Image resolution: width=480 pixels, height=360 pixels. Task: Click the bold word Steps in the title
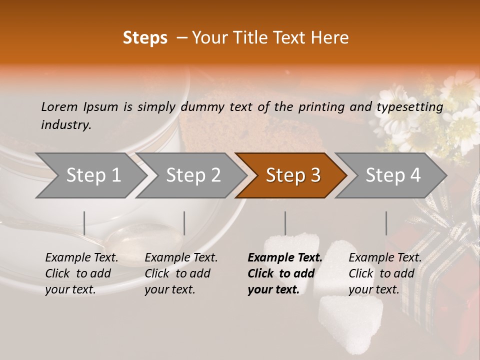[x=145, y=38]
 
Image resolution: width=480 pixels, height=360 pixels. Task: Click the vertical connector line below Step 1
[x=84, y=223]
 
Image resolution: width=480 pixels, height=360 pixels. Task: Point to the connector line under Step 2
[x=184, y=223]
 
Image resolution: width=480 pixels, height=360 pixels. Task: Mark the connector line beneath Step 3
[x=285, y=223]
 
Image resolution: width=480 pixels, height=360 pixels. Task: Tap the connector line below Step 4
[x=386, y=223]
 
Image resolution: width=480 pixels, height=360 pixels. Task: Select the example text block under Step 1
[x=81, y=273]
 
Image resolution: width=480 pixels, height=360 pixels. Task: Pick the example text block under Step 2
[x=181, y=273]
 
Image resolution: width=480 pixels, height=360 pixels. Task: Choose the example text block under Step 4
[x=385, y=273]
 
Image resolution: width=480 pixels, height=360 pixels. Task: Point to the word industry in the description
[x=65, y=125]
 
